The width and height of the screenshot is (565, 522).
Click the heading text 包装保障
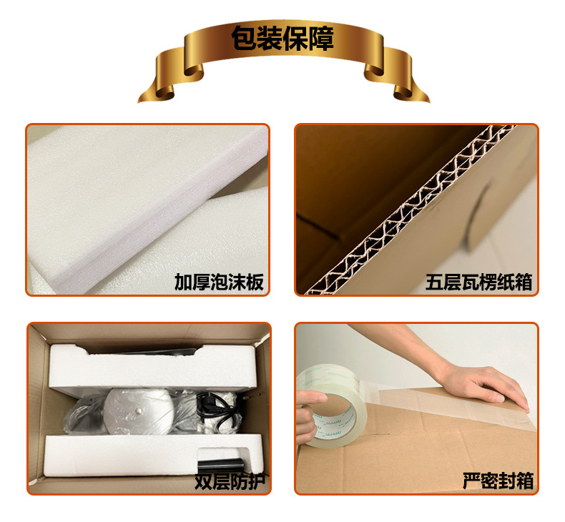282,39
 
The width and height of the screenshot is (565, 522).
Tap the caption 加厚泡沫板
219,282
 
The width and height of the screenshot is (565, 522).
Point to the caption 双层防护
229,481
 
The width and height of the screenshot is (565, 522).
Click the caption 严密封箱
498,481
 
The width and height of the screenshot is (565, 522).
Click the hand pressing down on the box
486,386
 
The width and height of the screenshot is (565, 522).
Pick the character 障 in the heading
321,39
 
